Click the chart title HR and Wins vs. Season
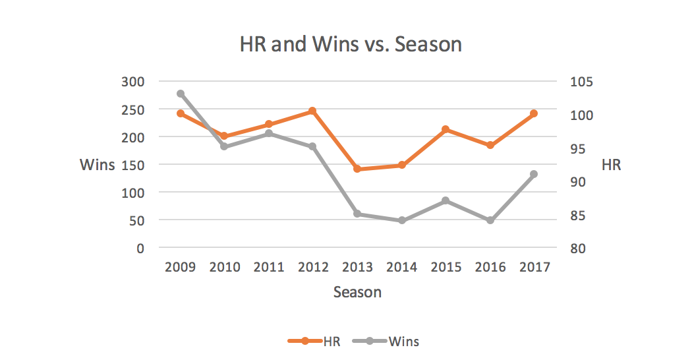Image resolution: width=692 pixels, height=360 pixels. pos(351,45)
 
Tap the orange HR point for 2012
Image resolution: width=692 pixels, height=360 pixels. pos(313,111)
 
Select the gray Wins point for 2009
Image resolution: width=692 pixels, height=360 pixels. pos(181,94)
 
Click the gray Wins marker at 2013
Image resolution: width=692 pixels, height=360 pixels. pos(357,214)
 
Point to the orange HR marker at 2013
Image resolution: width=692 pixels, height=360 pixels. pos(357,169)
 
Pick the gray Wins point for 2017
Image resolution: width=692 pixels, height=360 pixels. pos(534,174)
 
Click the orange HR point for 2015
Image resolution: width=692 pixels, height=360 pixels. pos(446,129)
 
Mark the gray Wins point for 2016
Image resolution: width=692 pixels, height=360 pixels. pos(490,220)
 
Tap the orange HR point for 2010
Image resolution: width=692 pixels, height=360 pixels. pos(225,136)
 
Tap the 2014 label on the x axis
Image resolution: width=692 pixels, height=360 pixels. pos(401,267)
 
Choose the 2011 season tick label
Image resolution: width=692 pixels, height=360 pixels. pos(269,267)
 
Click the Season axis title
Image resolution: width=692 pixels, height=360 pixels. pos(357,291)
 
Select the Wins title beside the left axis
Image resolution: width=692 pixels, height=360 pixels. pos(97,165)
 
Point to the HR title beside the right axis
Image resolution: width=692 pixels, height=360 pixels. pos(611,165)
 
